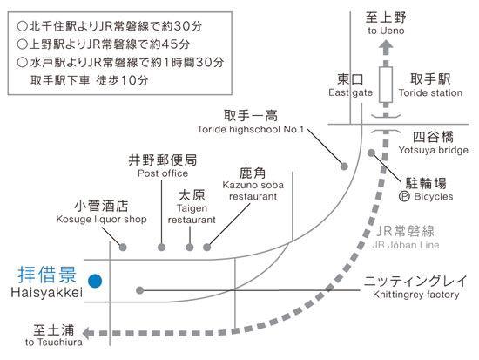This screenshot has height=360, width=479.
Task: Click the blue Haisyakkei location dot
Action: click(x=95, y=281)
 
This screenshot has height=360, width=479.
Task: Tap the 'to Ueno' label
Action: click(x=386, y=31)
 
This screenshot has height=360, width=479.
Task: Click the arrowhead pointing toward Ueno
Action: click(x=386, y=46)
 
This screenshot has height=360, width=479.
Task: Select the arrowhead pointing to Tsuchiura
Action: click(x=89, y=333)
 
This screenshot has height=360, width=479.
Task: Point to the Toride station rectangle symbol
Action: click(x=386, y=85)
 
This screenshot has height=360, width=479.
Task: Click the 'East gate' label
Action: click(x=351, y=92)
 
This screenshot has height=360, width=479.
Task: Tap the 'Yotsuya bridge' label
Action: click(x=433, y=150)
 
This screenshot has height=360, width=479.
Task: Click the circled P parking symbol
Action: click(x=404, y=196)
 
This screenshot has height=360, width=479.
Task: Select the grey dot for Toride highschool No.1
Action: click(x=344, y=166)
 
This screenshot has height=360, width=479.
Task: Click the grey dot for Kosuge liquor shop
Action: click(x=123, y=248)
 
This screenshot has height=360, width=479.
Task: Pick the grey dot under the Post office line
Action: click(x=162, y=248)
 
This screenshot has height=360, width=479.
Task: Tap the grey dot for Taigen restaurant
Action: click(x=190, y=248)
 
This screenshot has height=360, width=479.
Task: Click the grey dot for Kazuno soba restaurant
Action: click(x=206, y=248)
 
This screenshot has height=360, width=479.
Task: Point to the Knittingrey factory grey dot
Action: click(x=139, y=290)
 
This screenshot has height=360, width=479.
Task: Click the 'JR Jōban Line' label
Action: click(x=406, y=245)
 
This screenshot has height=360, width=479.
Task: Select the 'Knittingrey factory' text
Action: click(x=416, y=295)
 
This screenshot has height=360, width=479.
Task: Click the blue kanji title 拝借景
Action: click(x=47, y=275)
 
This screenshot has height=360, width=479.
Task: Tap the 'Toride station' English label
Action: click(x=430, y=92)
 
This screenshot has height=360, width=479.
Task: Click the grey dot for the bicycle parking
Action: click(x=371, y=153)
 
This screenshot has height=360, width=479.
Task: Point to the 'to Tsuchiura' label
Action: click(x=54, y=342)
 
